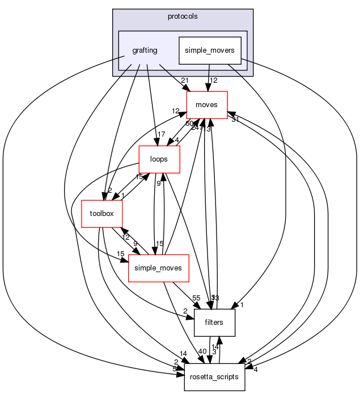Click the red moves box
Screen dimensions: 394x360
click(207, 105)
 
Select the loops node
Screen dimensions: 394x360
click(159, 159)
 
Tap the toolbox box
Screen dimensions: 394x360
click(102, 213)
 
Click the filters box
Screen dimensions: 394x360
click(214, 322)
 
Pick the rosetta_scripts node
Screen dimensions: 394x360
click(214, 376)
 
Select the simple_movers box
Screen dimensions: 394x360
click(210, 50)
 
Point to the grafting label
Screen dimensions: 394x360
click(145, 50)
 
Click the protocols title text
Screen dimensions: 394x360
click(182, 16)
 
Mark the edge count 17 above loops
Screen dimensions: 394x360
click(162, 135)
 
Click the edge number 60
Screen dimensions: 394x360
click(190, 124)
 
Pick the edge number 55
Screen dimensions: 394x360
click(197, 298)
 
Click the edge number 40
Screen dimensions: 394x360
click(203, 351)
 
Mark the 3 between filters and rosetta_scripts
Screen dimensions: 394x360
click(214, 351)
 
